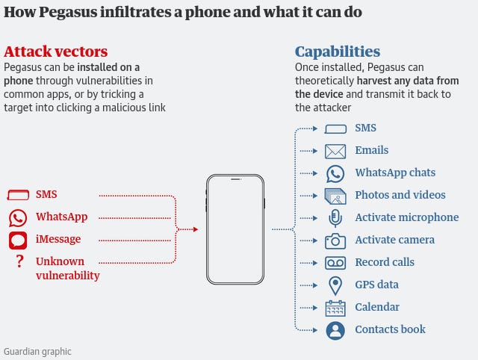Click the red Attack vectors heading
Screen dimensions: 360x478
click(x=56, y=52)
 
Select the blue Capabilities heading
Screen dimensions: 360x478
click(x=338, y=52)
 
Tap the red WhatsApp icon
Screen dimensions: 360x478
click(x=18, y=217)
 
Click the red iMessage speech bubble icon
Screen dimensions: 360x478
click(x=18, y=240)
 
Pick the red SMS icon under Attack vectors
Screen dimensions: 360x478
click(x=18, y=195)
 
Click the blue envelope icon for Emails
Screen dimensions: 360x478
click(x=335, y=151)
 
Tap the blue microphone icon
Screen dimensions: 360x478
click(x=335, y=218)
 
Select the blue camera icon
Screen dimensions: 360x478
click(x=335, y=240)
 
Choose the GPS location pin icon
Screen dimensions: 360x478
click(x=335, y=285)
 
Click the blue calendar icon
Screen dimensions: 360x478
click(x=335, y=308)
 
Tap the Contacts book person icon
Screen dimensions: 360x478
click(x=335, y=330)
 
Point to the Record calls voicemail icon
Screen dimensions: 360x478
click(x=335, y=263)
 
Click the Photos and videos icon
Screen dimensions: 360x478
click(x=335, y=196)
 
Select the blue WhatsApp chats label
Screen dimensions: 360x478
click(x=395, y=173)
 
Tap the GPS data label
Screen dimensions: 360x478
click(x=376, y=285)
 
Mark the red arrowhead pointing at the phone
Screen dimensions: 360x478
click(x=196, y=229)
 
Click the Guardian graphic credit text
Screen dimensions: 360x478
click(x=37, y=351)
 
